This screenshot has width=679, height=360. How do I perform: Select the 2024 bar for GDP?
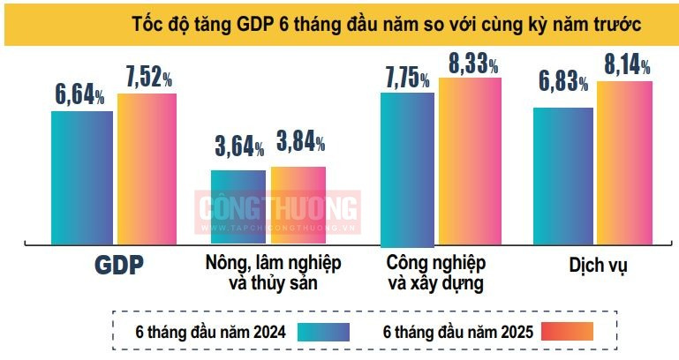click(82, 176)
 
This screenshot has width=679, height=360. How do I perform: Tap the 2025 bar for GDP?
click(147, 168)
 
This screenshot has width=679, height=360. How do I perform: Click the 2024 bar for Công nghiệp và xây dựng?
click(407, 168)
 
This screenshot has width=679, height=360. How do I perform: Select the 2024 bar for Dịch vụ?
click(563, 175)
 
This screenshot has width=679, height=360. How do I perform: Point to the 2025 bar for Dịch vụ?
click(624, 162)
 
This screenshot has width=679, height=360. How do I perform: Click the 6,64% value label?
click(80, 94)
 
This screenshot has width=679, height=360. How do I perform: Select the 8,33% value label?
click(473, 64)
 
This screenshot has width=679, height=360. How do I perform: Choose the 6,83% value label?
click(563, 84)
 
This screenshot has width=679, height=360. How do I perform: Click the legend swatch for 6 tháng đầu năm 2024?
click(323, 332)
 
